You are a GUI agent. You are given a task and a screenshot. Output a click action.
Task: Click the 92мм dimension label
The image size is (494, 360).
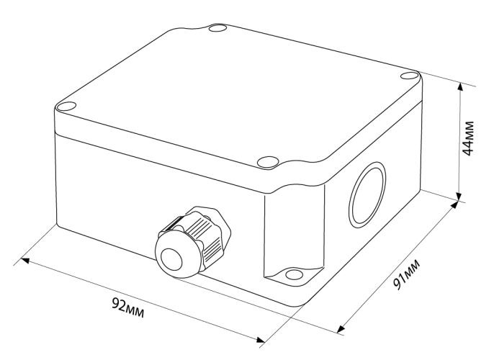tap(128, 307)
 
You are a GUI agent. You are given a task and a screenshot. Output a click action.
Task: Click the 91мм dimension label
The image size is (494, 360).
tap(407, 274)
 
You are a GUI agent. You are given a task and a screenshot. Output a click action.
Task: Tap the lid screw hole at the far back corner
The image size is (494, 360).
tap(217, 28)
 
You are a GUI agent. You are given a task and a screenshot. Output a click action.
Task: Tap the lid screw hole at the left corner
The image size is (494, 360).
tap(67, 107)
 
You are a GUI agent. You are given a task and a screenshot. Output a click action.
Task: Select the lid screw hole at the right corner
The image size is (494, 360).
tap(409, 76)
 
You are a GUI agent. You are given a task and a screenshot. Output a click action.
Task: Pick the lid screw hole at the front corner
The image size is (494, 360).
tap(268, 162)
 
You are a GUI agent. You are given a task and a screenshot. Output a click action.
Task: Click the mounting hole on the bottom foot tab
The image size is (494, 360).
tap(295, 274)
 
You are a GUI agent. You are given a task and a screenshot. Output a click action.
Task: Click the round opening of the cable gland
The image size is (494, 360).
tap(171, 259)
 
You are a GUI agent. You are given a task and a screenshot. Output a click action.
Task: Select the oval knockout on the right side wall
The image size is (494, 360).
tap(367, 194)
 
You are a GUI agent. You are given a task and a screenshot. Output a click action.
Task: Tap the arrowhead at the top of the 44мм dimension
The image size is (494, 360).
tap(460, 87)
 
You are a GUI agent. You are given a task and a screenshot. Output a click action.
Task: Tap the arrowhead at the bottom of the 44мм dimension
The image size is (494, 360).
tap(459, 197)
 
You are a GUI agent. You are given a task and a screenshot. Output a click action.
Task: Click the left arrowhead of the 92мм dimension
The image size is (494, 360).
tap(25, 261)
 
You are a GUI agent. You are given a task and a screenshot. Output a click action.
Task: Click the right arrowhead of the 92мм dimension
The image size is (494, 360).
tap(261, 340)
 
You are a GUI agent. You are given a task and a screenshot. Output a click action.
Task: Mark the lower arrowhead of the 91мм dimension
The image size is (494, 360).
tap(341, 329)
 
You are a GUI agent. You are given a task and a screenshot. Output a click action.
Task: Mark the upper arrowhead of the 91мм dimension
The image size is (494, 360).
tap(454, 205)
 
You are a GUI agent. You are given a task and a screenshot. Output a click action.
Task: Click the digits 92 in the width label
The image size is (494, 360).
tap(119, 304)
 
